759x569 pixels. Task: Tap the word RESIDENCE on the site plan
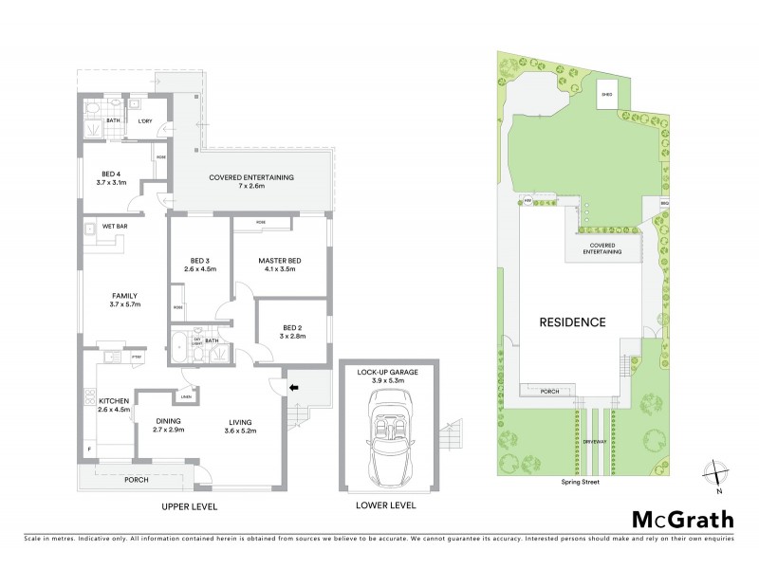[x=572, y=322]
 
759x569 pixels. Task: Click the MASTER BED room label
[x=280, y=263]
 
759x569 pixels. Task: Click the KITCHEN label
[x=113, y=402]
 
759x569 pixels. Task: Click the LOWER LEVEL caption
[x=387, y=506]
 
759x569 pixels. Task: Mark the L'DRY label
[x=145, y=121]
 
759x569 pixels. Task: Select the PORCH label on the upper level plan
[x=139, y=479]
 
